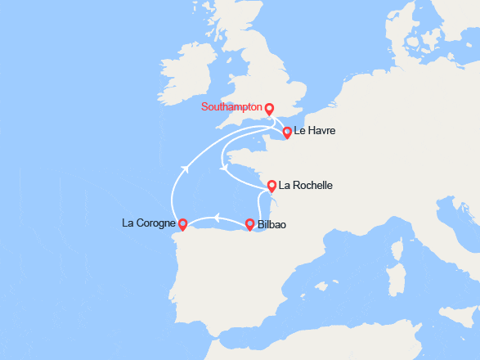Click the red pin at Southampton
coord(269,107)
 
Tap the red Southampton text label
coord(232,107)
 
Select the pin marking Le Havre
coord(287,132)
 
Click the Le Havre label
coord(315,131)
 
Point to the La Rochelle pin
coord(272,185)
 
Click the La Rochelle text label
coord(306,186)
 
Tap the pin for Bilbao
coord(250,223)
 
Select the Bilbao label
coord(271,224)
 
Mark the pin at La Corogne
coord(183,223)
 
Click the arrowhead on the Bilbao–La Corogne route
coord(217,217)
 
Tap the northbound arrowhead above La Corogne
coord(186,167)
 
